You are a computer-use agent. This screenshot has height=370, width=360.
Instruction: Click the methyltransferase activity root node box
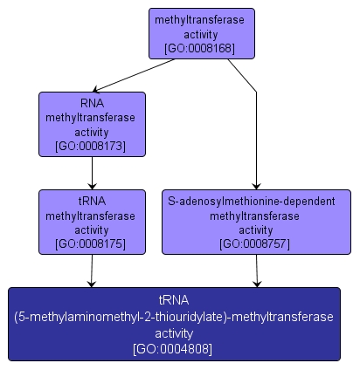(200, 34)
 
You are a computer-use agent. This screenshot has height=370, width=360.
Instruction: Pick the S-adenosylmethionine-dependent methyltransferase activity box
(256, 222)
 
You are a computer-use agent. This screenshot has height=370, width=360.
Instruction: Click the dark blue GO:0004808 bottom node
(173, 324)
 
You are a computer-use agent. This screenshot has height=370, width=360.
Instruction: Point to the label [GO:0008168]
(200, 49)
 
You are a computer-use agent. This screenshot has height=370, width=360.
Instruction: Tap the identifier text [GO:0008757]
(256, 243)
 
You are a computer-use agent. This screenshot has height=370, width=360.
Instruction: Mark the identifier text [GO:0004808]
(173, 349)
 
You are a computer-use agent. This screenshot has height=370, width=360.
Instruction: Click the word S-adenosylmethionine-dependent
(256, 201)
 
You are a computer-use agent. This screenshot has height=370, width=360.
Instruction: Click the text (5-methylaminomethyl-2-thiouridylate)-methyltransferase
(173, 318)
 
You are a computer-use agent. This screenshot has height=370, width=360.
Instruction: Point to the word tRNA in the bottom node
(173, 302)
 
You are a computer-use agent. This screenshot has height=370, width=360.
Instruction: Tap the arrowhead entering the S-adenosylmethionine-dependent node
(256, 184)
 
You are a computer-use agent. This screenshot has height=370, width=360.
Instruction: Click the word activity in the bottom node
(173, 333)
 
